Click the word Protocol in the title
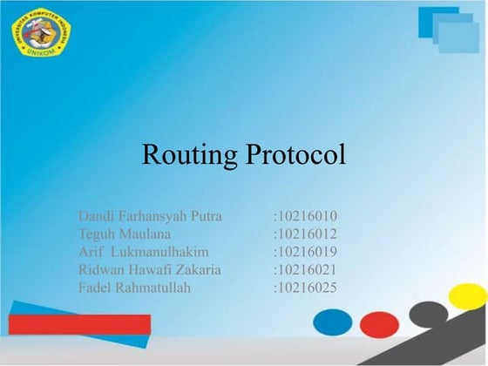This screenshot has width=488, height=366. (295, 155)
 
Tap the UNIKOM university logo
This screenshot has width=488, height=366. (40, 32)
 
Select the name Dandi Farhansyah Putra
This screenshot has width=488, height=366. (150, 215)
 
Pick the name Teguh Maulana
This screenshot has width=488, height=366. (125, 234)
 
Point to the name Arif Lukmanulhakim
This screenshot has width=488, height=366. (143, 252)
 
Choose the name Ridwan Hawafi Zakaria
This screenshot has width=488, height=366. (150, 269)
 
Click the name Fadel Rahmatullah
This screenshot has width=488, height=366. (134, 288)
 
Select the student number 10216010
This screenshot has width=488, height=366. (306, 215)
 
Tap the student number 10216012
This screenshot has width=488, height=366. (306, 234)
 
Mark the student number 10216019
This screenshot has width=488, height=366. (306, 252)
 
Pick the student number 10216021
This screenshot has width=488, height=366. (306, 269)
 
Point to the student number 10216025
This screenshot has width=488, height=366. (306, 288)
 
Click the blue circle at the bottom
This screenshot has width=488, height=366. (333, 322)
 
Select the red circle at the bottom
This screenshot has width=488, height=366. (379, 325)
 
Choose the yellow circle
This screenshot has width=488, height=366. (468, 296)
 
